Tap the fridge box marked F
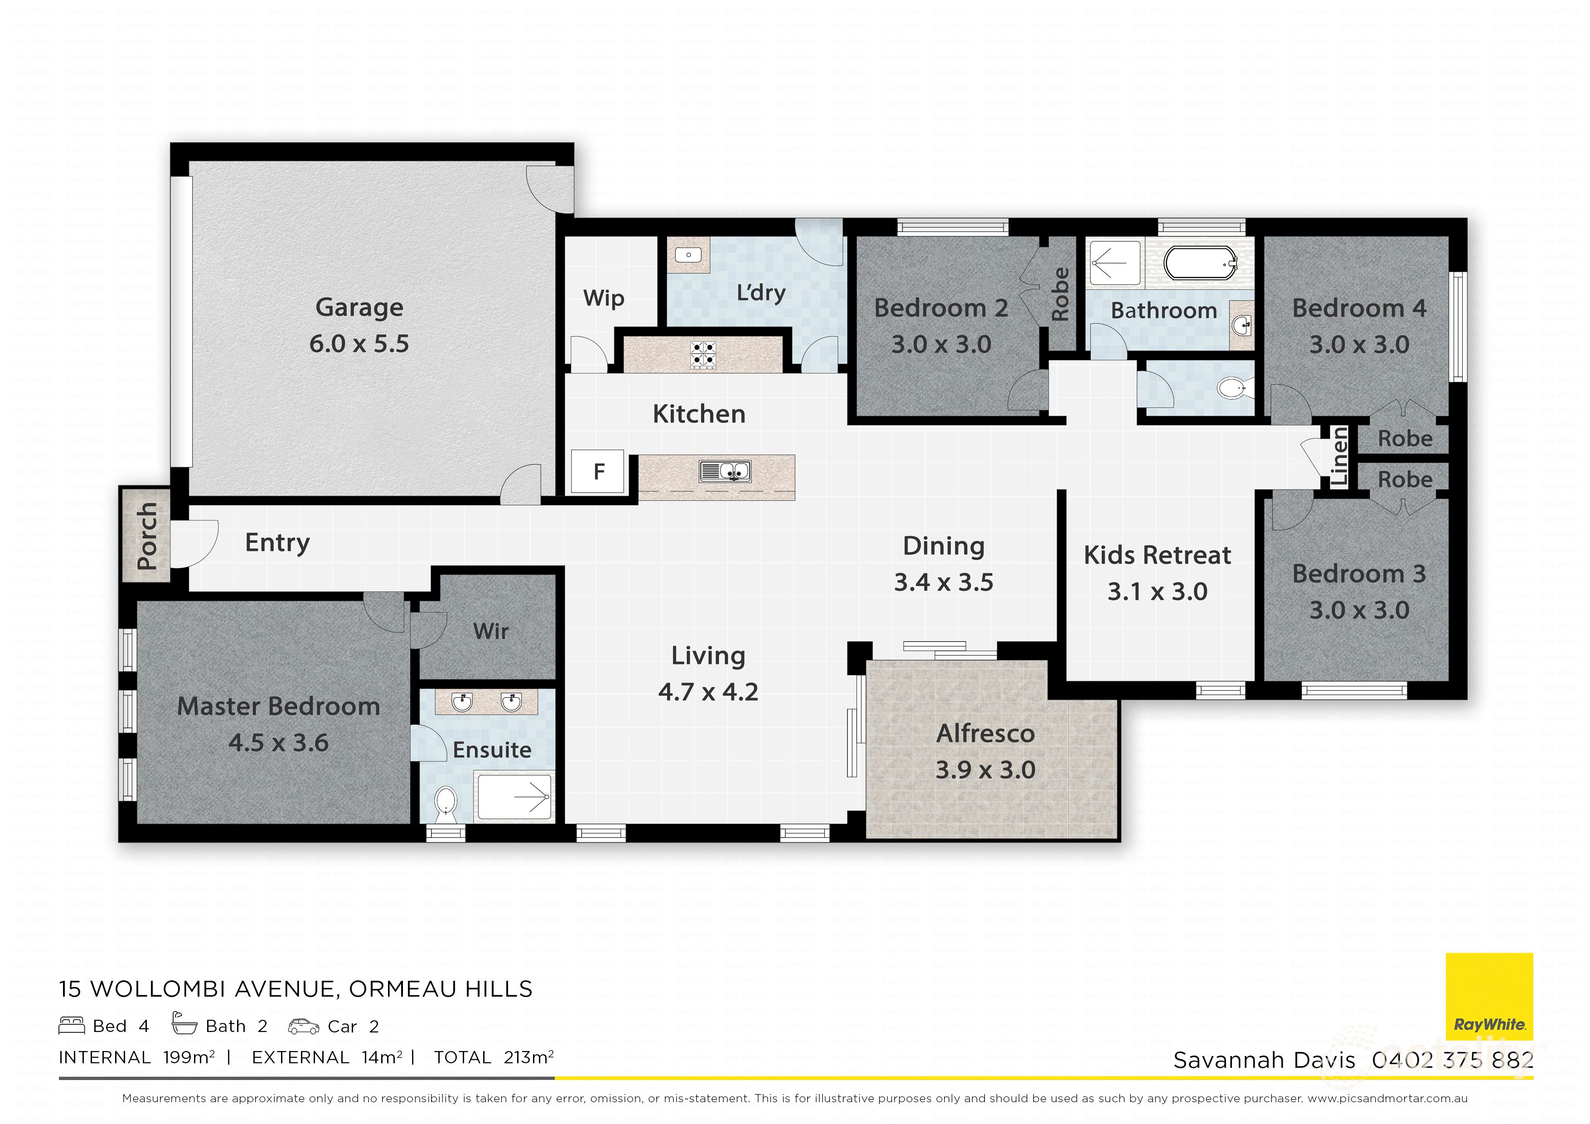(x=598, y=472)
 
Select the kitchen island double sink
(x=724, y=472)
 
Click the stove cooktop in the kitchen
(x=703, y=354)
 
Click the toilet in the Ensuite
(x=445, y=805)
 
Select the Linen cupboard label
(x=1339, y=455)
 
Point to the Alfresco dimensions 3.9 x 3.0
(x=985, y=770)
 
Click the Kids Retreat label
(x=1157, y=555)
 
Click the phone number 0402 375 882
(x=1452, y=1060)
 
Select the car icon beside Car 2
(x=303, y=1027)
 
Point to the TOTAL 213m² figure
(x=493, y=1057)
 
